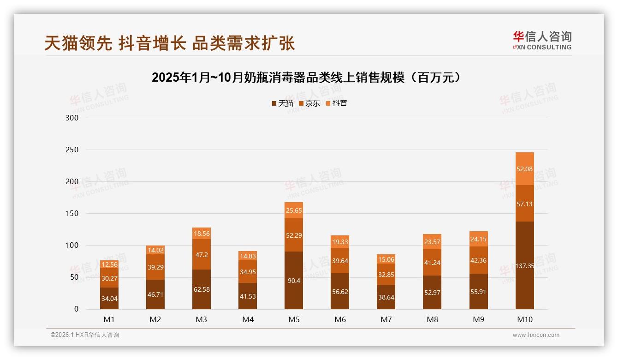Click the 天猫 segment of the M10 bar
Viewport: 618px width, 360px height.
[x=524, y=265]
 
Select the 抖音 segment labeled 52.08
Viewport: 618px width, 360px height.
[x=524, y=169]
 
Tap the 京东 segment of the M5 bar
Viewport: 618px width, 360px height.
[x=294, y=235]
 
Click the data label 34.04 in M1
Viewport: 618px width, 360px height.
[x=109, y=299]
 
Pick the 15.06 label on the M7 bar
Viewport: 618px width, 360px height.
[x=386, y=259]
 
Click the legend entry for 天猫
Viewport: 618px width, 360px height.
[x=282, y=103]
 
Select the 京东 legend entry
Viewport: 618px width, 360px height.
[x=309, y=103]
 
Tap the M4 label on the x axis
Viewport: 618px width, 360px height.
[x=248, y=319]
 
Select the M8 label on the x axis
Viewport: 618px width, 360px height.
[x=432, y=319]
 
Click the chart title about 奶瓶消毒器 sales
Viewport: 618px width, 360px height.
[x=306, y=78]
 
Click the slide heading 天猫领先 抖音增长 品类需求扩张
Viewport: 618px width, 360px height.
[x=170, y=43]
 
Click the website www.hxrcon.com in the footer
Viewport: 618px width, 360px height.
[x=536, y=335]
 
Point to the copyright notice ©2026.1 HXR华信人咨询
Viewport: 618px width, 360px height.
[x=84, y=335]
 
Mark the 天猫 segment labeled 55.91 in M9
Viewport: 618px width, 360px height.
[x=478, y=292]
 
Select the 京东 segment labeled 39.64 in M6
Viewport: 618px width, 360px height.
[x=340, y=261]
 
